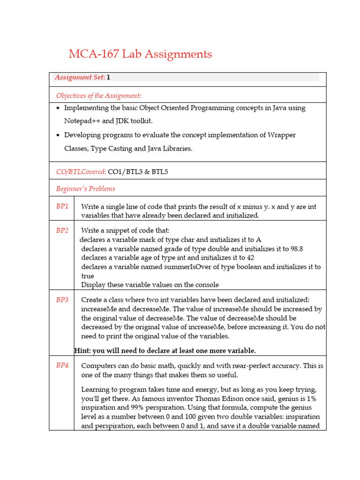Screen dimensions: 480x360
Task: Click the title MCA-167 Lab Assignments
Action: pyautogui.click(x=140, y=54)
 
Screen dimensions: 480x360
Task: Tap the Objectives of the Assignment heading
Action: pyautogui.click(x=98, y=96)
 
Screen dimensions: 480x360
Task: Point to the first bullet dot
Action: pyautogui.click(x=58, y=108)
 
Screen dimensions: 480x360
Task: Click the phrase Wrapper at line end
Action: pyautogui.click(x=281, y=135)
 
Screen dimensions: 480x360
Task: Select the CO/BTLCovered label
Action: pyautogui.click(x=81, y=172)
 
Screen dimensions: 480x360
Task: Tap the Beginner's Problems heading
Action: pyautogui.click(x=85, y=189)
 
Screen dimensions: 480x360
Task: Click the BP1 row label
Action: pyautogui.click(x=62, y=206)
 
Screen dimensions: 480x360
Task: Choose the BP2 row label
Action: pyautogui.click(x=62, y=231)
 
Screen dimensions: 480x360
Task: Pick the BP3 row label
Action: pyautogui.click(x=62, y=300)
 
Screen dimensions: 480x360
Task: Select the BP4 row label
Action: pyautogui.click(x=62, y=365)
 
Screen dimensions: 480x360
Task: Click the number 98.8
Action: pyautogui.click(x=300, y=249)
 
